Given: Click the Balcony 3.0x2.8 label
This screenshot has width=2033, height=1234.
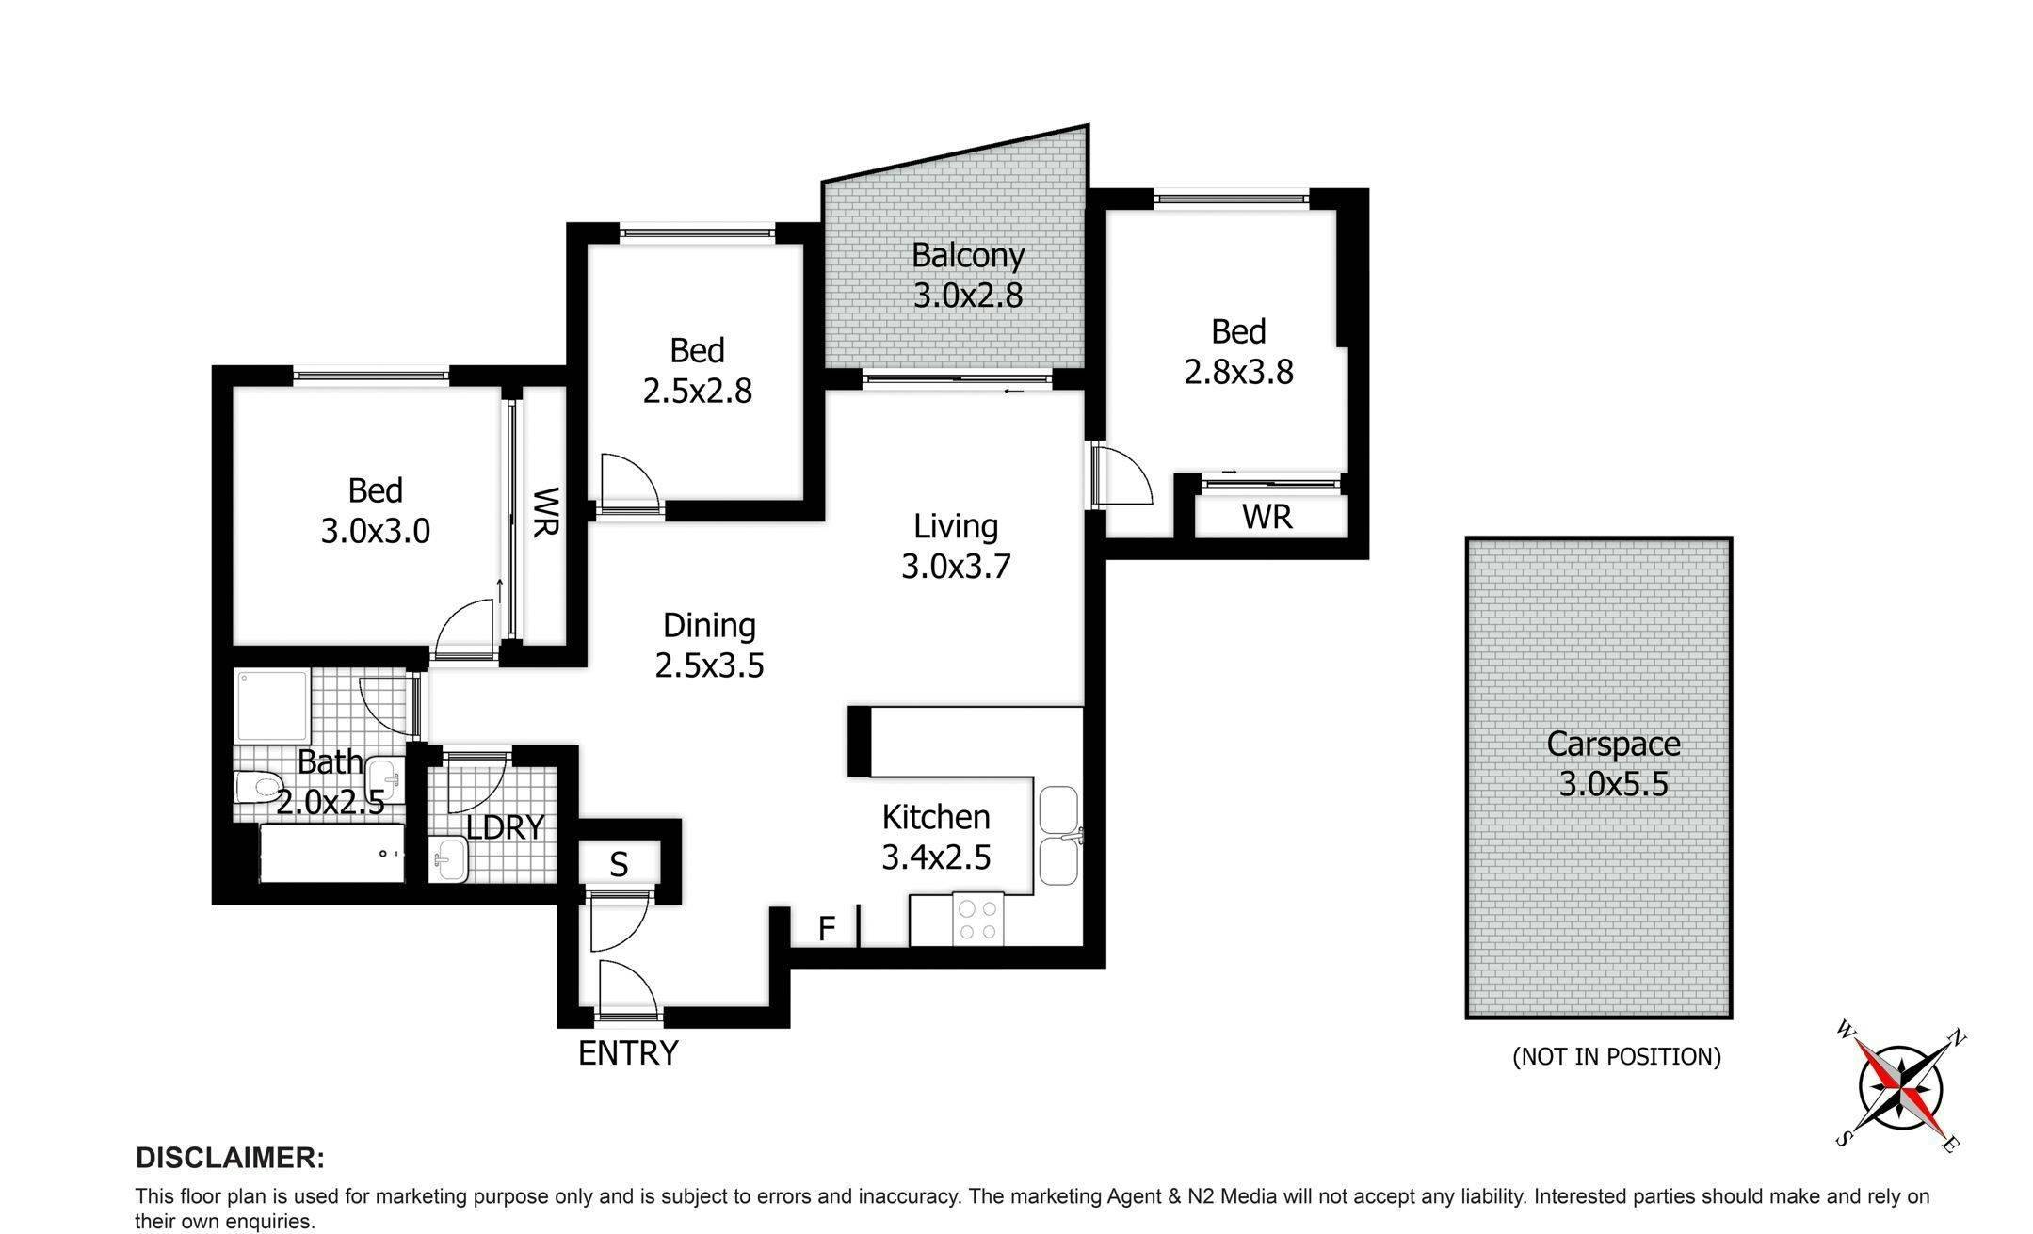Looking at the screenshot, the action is [x=968, y=275].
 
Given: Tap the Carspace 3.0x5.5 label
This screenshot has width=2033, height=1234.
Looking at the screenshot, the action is [x=1613, y=763].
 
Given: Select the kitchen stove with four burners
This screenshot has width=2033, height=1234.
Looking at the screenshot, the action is [x=978, y=921].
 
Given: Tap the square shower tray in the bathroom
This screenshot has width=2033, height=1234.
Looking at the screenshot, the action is [x=272, y=706].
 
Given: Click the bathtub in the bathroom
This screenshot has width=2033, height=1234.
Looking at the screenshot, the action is [x=331, y=854].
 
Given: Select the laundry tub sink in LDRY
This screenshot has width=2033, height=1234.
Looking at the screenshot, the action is [x=449, y=859].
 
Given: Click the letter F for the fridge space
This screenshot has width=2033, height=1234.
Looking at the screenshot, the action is [x=827, y=929].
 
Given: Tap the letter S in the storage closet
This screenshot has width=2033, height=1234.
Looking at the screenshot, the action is [x=619, y=864].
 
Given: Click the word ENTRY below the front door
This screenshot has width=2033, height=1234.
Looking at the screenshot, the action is [x=628, y=1053].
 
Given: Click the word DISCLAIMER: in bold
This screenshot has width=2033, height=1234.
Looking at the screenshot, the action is [x=230, y=1158].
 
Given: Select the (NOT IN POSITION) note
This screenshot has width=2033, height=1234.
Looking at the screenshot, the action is [x=1616, y=1057].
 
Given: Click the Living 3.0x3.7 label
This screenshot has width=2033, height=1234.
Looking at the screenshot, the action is [x=956, y=546].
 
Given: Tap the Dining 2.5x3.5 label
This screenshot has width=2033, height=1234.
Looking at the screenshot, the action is [x=709, y=646].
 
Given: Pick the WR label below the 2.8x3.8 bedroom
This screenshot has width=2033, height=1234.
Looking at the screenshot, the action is [x=1267, y=517].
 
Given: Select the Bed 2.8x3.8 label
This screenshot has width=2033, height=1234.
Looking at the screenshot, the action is [x=1238, y=351].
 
